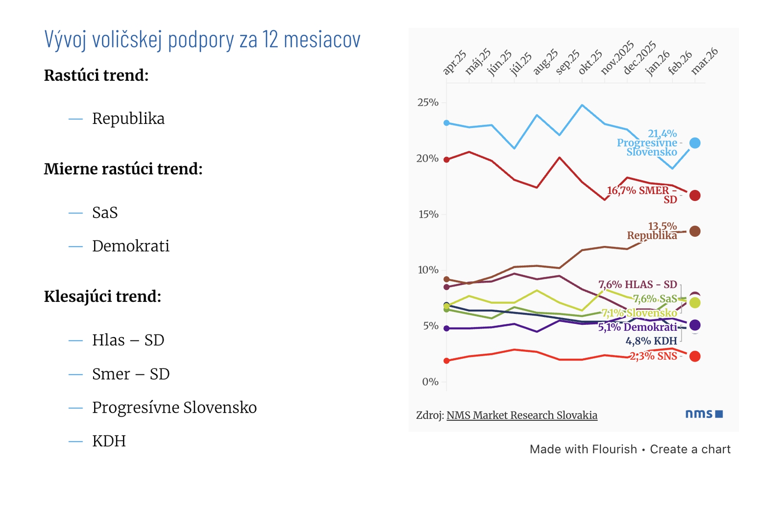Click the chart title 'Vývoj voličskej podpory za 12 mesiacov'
202,40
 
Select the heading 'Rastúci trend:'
96,75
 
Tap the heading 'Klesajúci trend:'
102,296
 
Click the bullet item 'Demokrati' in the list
130,246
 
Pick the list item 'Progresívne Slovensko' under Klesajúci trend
174,408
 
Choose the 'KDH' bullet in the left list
109,441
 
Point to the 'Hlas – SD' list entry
128,340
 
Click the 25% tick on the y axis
428,103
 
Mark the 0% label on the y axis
430,382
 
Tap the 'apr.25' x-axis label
455,62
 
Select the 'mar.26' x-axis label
705,61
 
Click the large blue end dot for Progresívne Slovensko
695,143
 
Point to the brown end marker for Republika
695,231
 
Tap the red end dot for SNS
695,356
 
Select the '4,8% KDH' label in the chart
651,341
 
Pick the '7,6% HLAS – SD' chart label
637,285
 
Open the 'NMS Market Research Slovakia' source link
522,415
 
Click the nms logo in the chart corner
704,414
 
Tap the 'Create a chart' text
690,449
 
